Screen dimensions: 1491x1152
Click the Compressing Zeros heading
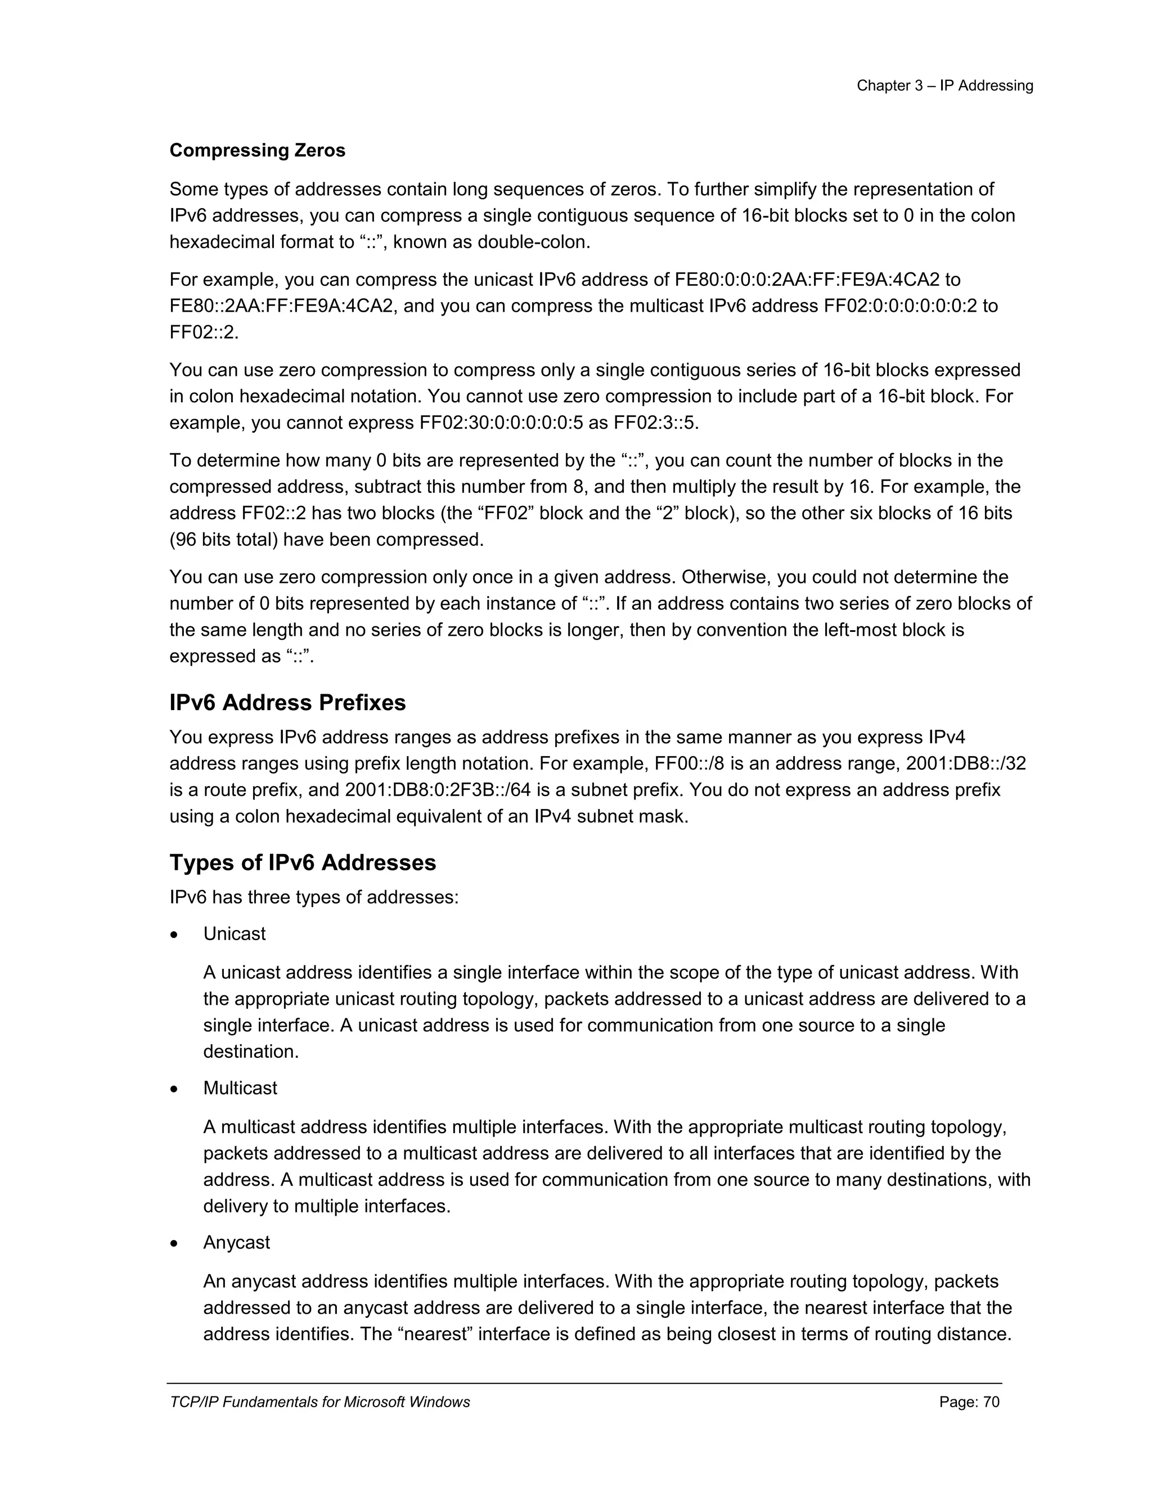point(257,150)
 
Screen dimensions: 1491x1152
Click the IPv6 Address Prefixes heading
point(287,703)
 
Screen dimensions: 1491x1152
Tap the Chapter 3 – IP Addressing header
point(944,86)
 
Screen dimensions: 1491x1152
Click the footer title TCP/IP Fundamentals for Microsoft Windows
point(319,1402)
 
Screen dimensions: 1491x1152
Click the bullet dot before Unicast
point(175,935)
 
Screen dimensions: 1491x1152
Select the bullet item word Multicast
point(240,1088)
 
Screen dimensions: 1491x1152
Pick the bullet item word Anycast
point(236,1242)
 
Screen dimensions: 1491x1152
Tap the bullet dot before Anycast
point(175,1244)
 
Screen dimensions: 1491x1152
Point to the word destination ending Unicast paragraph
point(250,1052)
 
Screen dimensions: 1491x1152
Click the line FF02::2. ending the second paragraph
point(204,333)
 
